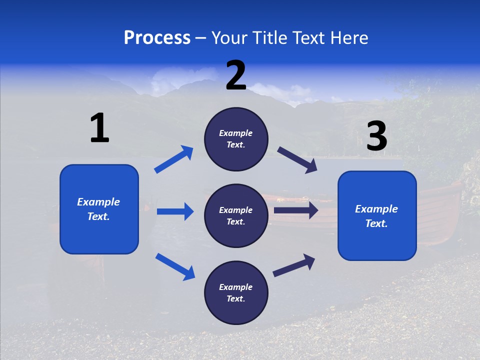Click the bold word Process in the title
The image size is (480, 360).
point(157,38)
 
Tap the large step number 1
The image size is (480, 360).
point(99,128)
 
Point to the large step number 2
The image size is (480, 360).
point(236,75)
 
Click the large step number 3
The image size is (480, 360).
point(376,136)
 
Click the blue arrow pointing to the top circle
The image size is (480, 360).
point(173,159)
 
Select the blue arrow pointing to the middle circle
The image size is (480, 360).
point(175,211)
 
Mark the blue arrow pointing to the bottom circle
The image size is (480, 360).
point(175,266)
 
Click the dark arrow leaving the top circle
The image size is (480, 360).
point(297,160)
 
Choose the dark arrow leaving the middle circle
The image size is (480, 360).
point(296,210)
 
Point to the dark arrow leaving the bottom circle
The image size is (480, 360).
point(294,265)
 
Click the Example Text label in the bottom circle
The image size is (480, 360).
point(236,293)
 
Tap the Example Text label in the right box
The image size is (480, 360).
point(376,216)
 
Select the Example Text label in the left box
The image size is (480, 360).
point(98,209)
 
